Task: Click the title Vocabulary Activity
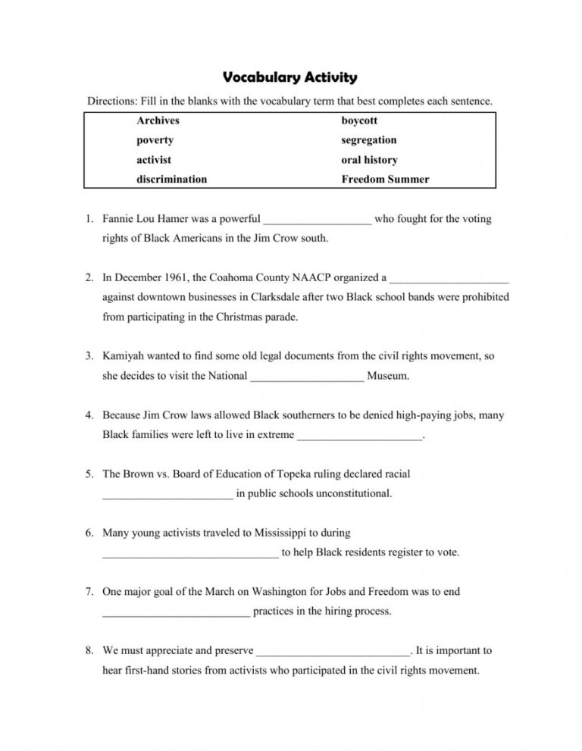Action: click(x=290, y=77)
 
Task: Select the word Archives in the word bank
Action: click(x=158, y=120)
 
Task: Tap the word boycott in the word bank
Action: click(x=359, y=120)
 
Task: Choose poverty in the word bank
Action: click(x=155, y=140)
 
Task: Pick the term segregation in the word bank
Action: click(x=368, y=140)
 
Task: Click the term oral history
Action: click(x=369, y=160)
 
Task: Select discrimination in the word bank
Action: click(x=171, y=180)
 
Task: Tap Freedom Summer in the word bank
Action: click(x=385, y=180)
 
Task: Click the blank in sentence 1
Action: click(x=317, y=221)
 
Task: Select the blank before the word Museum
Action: click(x=307, y=377)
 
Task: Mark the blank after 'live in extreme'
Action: click(x=360, y=436)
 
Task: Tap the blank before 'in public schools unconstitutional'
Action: click(x=167, y=495)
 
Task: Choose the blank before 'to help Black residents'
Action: click(x=190, y=553)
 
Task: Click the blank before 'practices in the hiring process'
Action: click(x=176, y=612)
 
